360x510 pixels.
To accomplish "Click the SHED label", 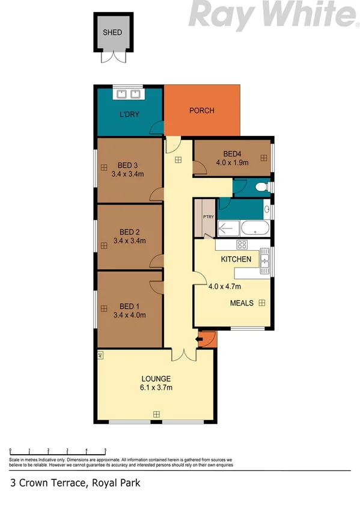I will click(x=112, y=32).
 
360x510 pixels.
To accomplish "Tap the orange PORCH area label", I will click(x=201, y=111).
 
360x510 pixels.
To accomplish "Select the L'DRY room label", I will click(x=129, y=114).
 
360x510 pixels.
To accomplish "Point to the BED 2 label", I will click(x=129, y=232).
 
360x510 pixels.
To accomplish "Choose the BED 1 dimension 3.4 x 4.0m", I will click(x=129, y=315).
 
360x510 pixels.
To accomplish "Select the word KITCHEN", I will click(x=236, y=259).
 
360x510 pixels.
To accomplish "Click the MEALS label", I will click(x=242, y=303).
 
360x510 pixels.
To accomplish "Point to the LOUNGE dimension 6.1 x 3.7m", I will click(x=156, y=387).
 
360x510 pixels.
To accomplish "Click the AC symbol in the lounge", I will click(x=100, y=355).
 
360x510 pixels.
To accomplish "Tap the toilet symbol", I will click(x=262, y=188).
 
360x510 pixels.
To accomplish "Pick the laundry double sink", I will click(x=127, y=94).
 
